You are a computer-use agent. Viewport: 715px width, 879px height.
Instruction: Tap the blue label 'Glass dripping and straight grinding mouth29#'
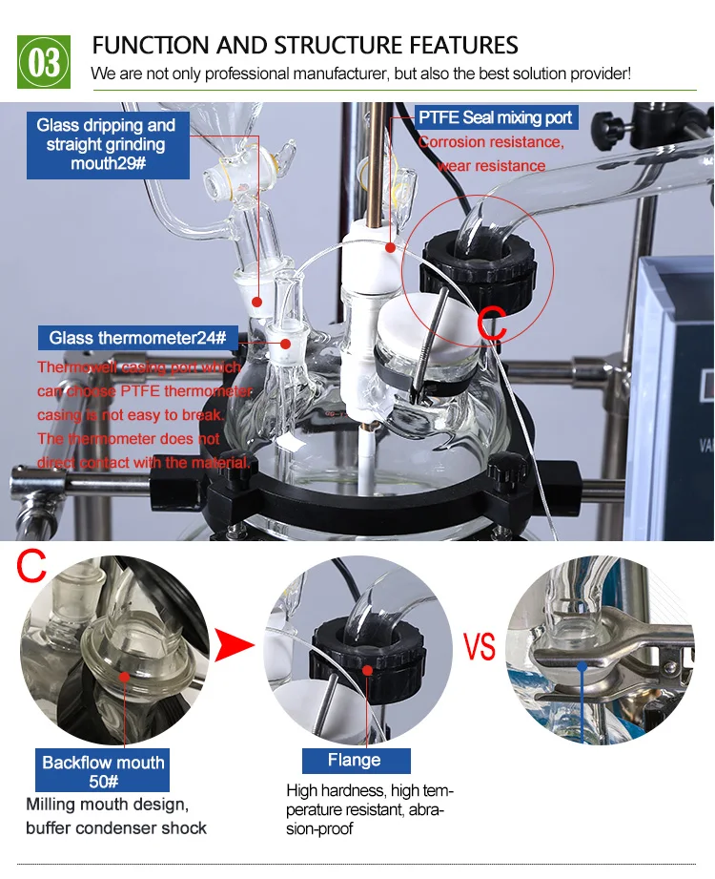[x=106, y=144]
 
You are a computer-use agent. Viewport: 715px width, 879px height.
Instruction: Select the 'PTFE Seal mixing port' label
[x=496, y=117]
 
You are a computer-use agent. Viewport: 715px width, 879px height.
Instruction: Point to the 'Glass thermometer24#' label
[x=137, y=337]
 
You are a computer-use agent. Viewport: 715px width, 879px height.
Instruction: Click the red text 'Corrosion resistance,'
[x=491, y=143]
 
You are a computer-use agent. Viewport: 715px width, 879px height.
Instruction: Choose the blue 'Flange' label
[x=355, y=760]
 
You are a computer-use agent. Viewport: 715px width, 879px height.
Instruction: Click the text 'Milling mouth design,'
[x=108, y=804]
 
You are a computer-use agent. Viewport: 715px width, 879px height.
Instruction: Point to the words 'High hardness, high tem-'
[x=370, y=790]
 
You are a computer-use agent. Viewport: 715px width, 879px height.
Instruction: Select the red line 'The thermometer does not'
[x=129, y=439]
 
